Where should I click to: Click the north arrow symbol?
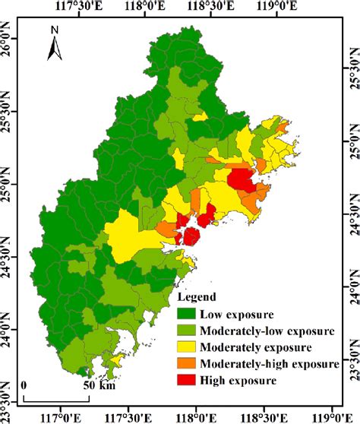click(x=55, y=50)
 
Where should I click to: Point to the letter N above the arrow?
click(x=55, y=31)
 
